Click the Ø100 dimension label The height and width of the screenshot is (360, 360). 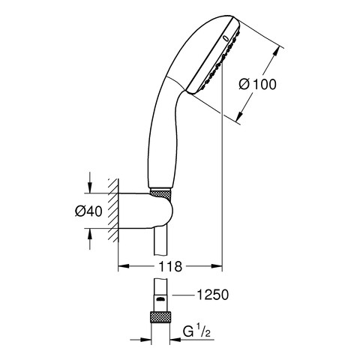click(257, 84)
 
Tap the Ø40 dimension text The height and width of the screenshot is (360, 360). click(88, 211)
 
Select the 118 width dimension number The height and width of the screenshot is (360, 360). click(170, 266)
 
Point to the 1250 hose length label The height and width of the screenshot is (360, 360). click(213, 295)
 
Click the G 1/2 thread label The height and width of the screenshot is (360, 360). click(196, 331)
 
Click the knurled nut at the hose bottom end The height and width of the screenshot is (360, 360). click(160, 317)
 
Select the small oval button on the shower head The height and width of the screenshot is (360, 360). click(226, 38)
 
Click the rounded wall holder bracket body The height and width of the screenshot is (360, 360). click(145, 211)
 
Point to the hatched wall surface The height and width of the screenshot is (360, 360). click(113, 211)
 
